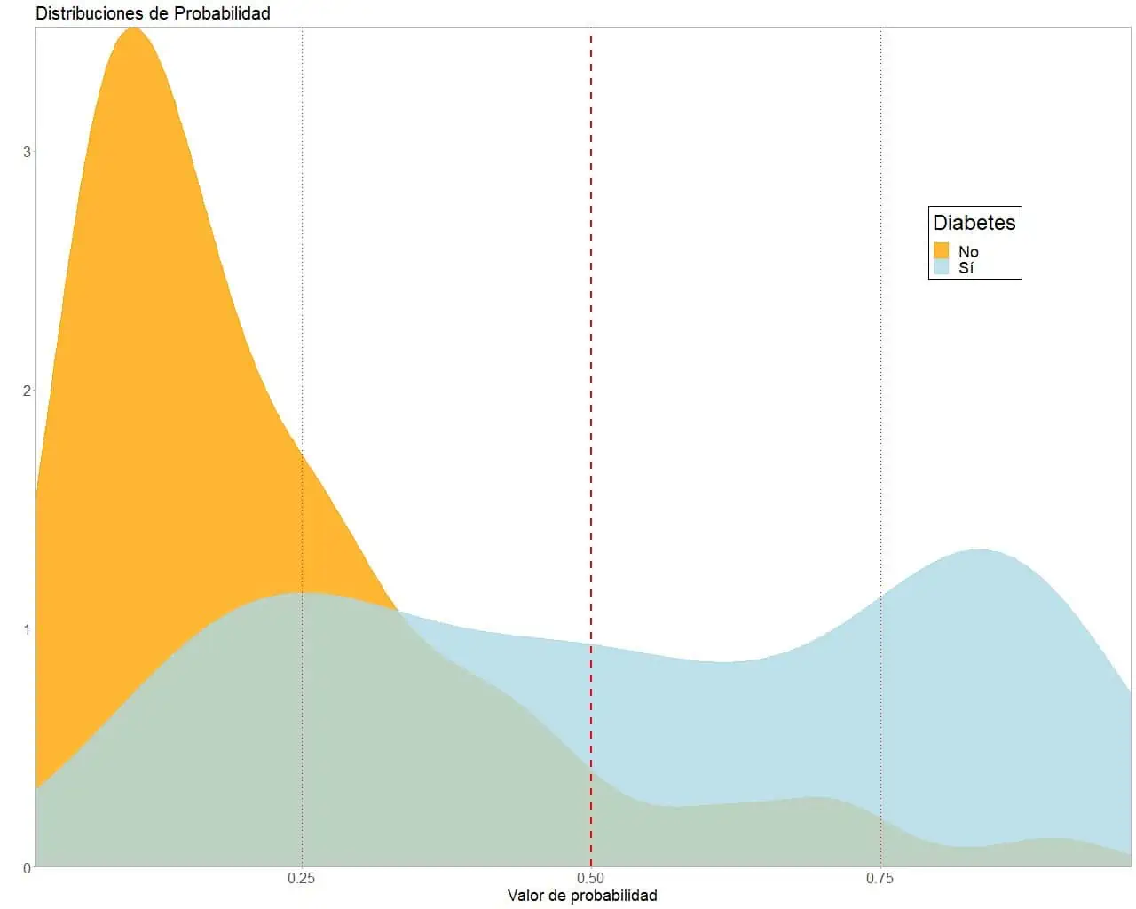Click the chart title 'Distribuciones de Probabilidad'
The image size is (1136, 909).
click(x=153, y=13)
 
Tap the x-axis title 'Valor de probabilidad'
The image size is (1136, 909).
click(x=582, y=895)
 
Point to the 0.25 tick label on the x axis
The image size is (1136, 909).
click(x=302, y=878)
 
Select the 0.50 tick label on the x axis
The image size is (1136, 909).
click(x=591, y=878)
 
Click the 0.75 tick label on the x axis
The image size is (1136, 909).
click(x=880, y=878)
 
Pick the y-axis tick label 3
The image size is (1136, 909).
click(x=27, y=152)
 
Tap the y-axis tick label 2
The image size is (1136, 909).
click(x=27, y=391)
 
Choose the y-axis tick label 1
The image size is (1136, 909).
click(x=27, y=629)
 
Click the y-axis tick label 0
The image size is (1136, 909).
click(x=27, y=867)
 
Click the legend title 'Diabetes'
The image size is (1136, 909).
click(x=974, y=223)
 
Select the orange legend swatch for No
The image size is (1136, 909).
click(x=942, y=251)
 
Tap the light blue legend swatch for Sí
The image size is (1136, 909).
click(x=942, y=267)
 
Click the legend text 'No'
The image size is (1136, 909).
click(x=968, y=252)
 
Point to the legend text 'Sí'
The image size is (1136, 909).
click(x=966, y=268)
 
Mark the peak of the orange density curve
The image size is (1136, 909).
click(x=133, y=28)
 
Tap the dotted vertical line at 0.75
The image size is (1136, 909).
click(x=880, y=355)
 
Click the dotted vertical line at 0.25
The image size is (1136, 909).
click(x=303, y=266)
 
